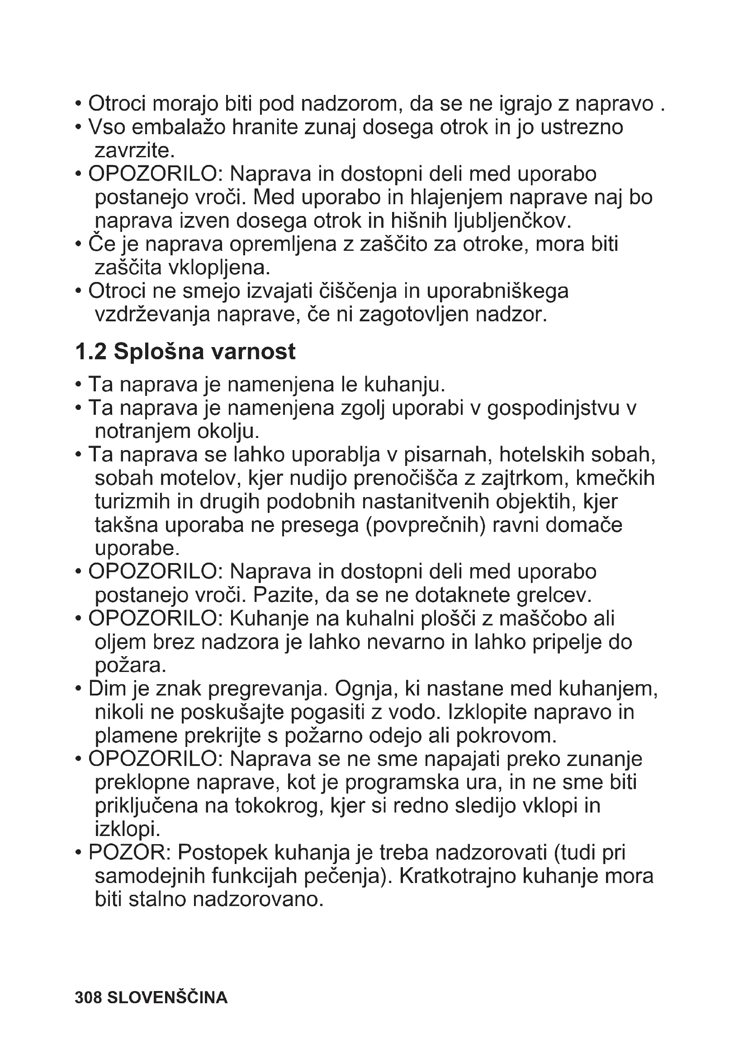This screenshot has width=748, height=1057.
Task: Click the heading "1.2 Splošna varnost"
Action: (185, 352)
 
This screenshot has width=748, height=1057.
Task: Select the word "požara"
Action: (130, 666)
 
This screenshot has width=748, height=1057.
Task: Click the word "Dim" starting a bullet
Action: (107, 689)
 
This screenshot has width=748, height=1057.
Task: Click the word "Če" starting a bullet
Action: (98, 244)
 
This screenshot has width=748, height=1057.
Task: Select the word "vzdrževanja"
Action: (152, 315)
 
